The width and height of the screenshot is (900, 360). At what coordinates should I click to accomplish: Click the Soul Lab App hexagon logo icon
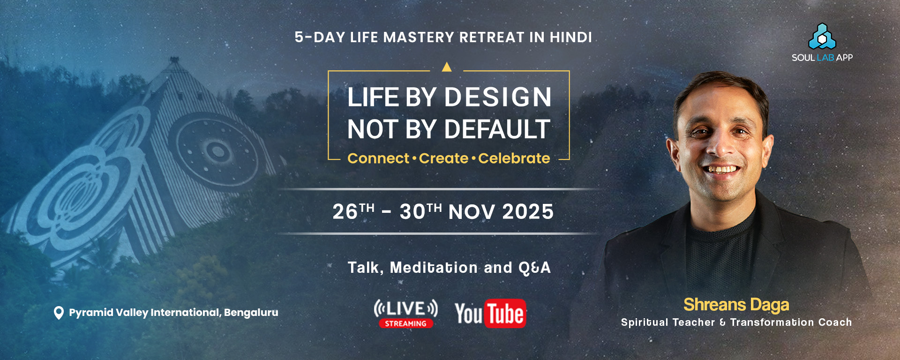(x=822, y=36)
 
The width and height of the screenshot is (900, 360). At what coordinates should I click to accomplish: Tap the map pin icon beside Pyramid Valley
(x=59, y=313)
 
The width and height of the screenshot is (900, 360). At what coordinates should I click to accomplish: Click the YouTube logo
(x=490, y=313)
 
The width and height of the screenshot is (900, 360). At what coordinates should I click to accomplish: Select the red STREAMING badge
(x=406, y=323)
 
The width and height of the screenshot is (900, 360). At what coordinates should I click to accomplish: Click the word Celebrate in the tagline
(x=514, y=158)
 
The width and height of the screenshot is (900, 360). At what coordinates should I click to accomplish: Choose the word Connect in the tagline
(x=378, y=158)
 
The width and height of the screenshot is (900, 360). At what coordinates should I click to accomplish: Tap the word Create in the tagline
(x=443, y=158)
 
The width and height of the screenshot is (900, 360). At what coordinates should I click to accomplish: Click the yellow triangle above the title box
(x=447, y=67)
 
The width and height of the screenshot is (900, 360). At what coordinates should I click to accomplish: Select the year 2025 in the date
(x=528, y=212)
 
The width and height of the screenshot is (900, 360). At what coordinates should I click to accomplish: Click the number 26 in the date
(x=345, y=212)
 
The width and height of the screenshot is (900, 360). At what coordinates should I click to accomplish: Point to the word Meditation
(x=434, y=268)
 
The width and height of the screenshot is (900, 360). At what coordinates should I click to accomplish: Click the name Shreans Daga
(x=736, y=305)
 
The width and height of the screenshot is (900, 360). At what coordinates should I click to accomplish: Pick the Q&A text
(x=534, y=268)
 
